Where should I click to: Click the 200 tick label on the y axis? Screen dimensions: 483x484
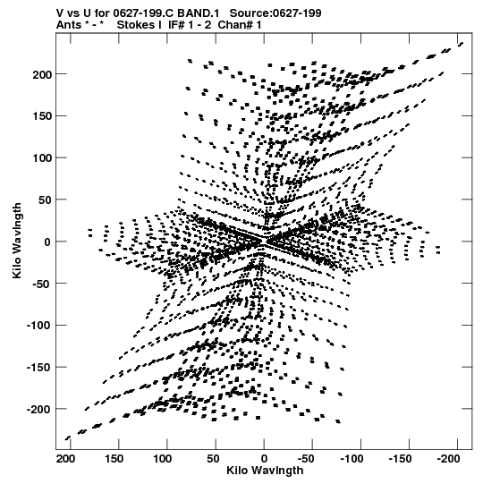(x=42, y=74)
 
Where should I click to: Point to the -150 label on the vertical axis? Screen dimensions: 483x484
(x=39, y=368)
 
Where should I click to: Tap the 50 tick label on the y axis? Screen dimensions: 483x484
(x=45, y=200)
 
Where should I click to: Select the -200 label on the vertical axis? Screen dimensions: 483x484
(x=39, y=410)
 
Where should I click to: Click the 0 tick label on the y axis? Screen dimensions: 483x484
(x=47, y=242)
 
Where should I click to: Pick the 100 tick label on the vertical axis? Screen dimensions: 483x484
(x=42, y=158)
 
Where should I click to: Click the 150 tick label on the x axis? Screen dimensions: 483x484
(x=114, y=459)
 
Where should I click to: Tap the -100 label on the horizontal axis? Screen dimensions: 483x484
(x=352, y=459)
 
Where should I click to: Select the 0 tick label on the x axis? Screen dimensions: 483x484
(x=264, y=459)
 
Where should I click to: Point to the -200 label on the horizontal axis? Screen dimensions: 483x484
(x=449, y=459)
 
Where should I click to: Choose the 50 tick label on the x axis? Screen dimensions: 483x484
(x=214, y=459)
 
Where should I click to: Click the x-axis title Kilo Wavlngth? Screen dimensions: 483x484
(x=265, y=471)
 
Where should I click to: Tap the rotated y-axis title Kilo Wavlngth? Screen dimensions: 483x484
(x=17, y=241)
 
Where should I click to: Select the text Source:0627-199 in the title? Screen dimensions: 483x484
(x=275, y=13)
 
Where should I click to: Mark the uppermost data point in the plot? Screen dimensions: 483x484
(x=462, y=44)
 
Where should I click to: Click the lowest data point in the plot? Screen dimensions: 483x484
(x=68, y=438)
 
